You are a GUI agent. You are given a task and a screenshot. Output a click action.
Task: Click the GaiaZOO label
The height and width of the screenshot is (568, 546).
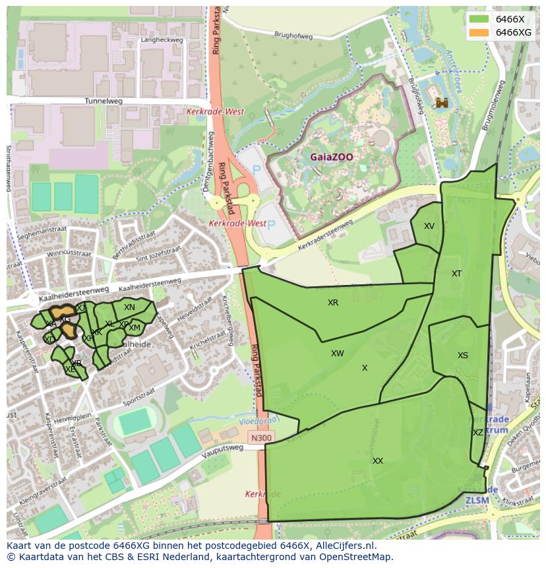click(332, 158)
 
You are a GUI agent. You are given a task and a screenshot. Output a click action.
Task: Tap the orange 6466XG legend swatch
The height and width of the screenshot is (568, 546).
click(479, 32)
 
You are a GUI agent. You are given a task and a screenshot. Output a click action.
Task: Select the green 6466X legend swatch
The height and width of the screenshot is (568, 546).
click(479, 19)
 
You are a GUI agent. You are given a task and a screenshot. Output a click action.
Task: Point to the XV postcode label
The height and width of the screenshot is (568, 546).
click(429, 226)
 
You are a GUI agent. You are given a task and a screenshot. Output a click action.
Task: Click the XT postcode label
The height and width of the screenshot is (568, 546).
click(456, 274)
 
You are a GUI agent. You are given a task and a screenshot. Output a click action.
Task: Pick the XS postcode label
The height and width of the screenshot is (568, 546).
click(463, 356)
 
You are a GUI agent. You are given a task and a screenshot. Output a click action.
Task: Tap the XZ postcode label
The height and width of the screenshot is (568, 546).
click(478, 433)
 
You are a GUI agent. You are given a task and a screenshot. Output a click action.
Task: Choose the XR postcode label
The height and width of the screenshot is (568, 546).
click(333, 303)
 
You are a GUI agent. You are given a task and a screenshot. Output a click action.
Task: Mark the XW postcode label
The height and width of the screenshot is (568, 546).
click(338, 354)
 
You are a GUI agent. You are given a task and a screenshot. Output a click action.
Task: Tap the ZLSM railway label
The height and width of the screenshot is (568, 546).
click(477, 500)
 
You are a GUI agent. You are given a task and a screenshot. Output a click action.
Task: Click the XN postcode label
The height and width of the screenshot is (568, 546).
click(129, 307)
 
